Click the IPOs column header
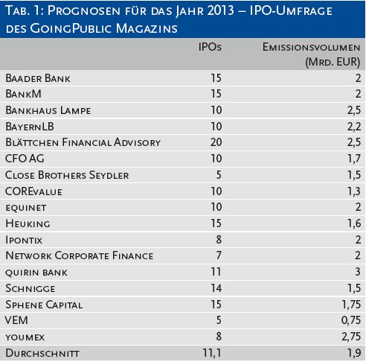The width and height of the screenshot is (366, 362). (210, 47)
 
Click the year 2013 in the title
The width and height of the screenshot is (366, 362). (221, 10)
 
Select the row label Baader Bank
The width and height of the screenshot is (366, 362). (38, 78)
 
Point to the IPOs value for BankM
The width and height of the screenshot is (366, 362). (216, 94)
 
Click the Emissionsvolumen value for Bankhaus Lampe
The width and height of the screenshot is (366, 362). (354, 110)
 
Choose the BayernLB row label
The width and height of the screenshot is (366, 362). (30, 127)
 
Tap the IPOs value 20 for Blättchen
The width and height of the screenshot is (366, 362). (216, 142)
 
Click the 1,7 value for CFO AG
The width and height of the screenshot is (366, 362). (354, 159)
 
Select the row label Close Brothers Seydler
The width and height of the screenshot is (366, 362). (67, 175)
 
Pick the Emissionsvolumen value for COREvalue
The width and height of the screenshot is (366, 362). (354, 191)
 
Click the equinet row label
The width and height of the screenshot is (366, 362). (26, 208)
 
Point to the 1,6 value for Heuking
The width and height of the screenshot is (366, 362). (354, 223)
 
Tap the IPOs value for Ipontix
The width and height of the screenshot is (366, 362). (219, 240)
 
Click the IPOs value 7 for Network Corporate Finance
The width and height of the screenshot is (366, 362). (219, 255)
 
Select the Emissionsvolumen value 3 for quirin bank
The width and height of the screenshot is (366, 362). (358, 272)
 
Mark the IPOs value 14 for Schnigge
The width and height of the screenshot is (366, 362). (216, 288)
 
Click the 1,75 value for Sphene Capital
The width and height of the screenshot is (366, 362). (351, 305)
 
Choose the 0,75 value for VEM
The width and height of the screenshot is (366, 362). (351, 320)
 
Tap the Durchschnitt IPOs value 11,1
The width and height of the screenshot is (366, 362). (212, 353)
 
